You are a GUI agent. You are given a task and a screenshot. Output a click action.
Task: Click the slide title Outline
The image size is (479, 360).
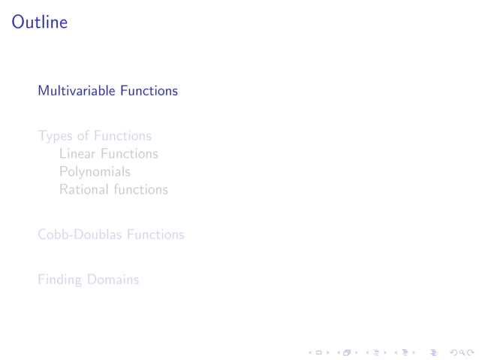[40, 23]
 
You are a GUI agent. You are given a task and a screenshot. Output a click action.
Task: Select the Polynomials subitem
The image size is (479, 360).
[95, 172]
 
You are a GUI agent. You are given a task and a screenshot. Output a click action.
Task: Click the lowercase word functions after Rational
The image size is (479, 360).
[141, 190]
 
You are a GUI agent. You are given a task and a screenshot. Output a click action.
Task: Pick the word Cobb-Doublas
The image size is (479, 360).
[80, 234]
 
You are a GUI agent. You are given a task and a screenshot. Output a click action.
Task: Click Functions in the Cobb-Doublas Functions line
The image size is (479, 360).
[155, 234]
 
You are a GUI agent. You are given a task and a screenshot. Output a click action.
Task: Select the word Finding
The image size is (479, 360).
[60, 280]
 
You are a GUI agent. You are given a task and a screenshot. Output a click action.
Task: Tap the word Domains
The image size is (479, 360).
[113, 280]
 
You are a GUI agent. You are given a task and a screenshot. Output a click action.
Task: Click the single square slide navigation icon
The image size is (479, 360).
[319, 351]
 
